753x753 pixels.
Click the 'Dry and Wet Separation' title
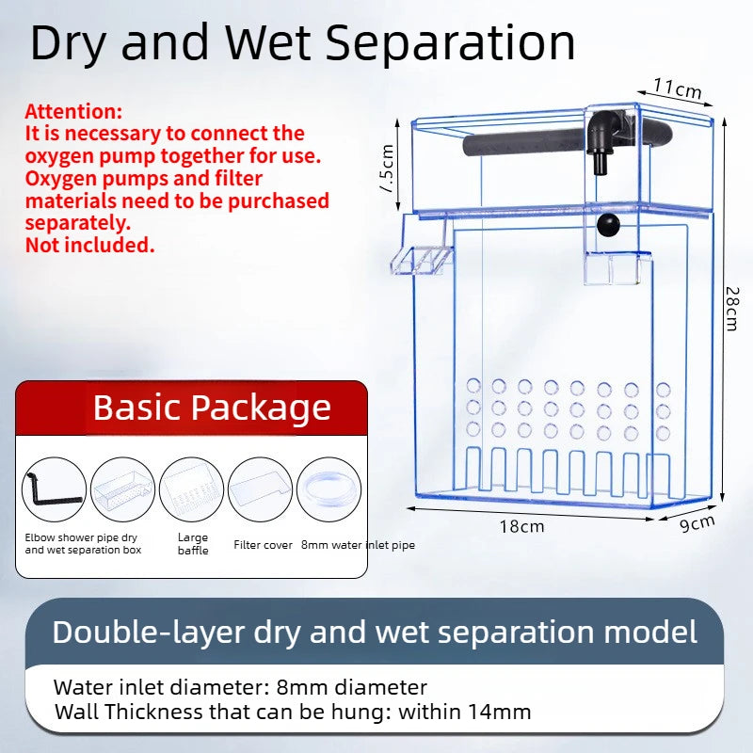pos(302,42)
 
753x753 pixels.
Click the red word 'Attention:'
pos(73,111)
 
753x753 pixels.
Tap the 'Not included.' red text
pos(89,246)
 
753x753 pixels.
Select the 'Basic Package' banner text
pos(212,408)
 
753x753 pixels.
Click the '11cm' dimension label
pos(678,89)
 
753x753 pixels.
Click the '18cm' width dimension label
pos(521,526)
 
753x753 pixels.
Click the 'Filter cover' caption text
pos(262,545)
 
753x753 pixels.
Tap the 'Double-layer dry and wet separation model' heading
pos(375,632)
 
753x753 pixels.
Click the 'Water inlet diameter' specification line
pos(240,688)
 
